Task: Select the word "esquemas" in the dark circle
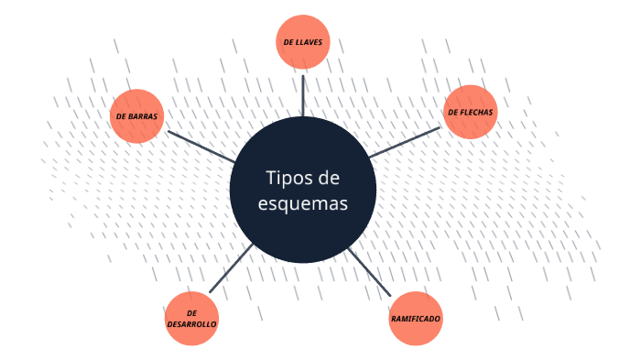(303, 203)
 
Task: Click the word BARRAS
(143, 117)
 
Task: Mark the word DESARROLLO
(191, 325)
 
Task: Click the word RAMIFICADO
(416, 319)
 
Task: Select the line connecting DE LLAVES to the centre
(303, 92)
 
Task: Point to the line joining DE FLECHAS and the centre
(405, 142)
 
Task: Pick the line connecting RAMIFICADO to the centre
(369, 272)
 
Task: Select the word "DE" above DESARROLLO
(191, 313)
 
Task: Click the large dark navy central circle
(303, 229)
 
